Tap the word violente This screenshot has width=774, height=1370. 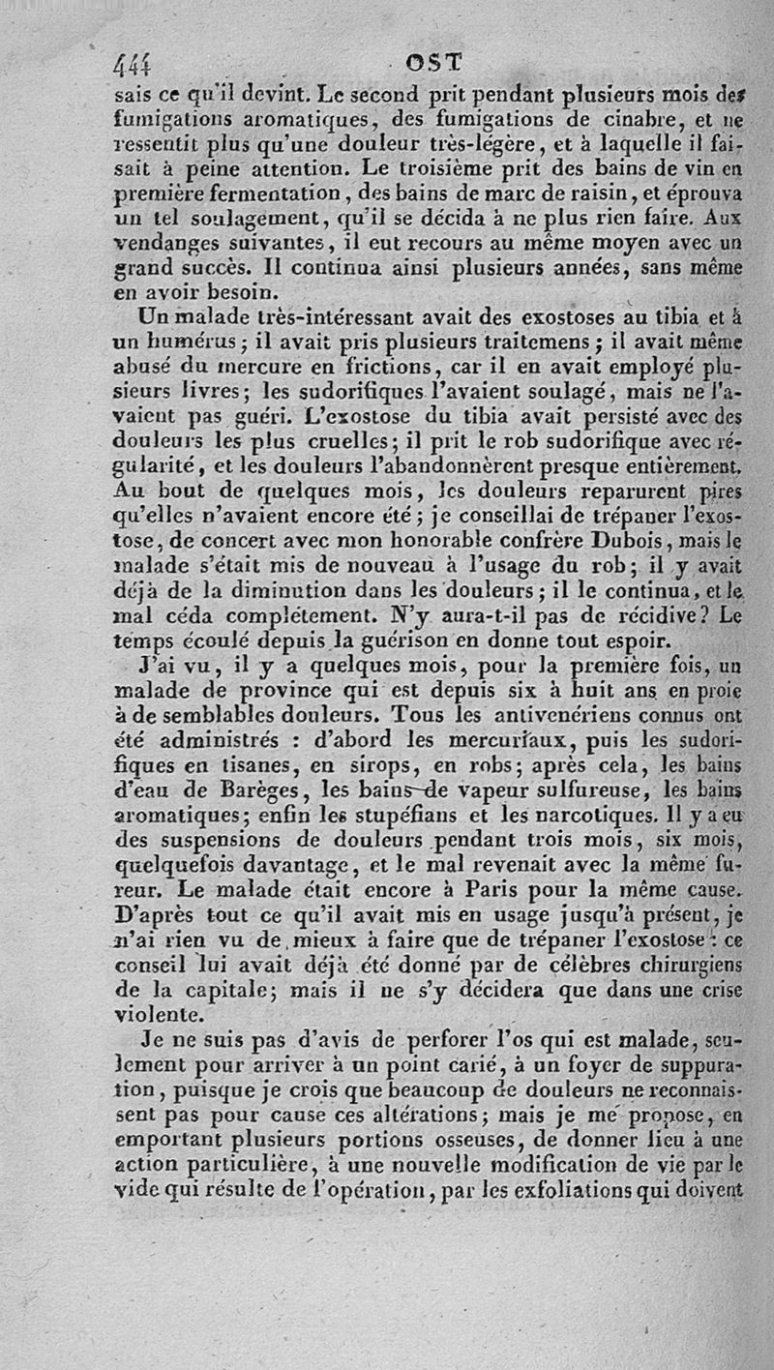[x=158, y=1016]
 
